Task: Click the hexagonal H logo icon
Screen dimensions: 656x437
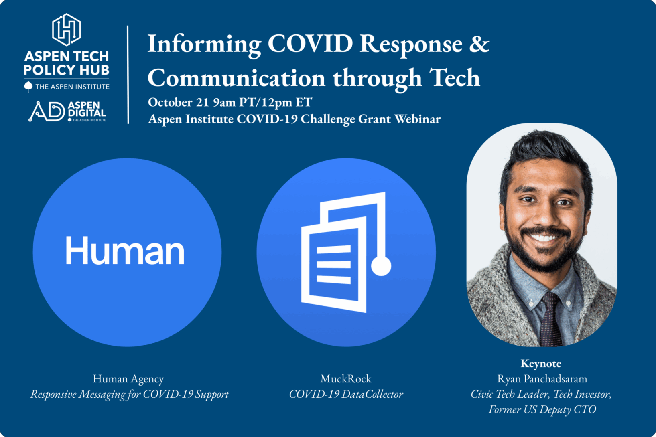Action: [67, 30]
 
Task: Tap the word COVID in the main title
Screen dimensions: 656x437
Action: [310, 44]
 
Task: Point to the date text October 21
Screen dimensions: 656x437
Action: [179, 102]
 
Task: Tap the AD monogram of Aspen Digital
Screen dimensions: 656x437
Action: [46, 111]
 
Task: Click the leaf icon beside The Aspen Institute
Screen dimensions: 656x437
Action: [28, 87]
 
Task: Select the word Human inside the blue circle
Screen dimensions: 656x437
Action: [125, 251]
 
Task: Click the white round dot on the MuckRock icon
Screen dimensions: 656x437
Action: [381, 266]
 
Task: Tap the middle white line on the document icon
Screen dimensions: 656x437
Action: [333, 264]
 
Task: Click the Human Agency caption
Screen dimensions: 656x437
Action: [128, 379]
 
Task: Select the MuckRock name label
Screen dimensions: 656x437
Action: [346, 379]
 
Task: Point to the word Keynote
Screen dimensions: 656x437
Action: [540, 364]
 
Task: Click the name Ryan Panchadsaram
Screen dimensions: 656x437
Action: [542, 379]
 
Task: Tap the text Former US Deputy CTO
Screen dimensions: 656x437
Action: [542, 409]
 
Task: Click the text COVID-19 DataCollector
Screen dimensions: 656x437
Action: [346, 394]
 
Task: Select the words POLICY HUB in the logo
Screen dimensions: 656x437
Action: [67, 70]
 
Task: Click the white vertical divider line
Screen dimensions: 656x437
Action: [128, 75]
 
